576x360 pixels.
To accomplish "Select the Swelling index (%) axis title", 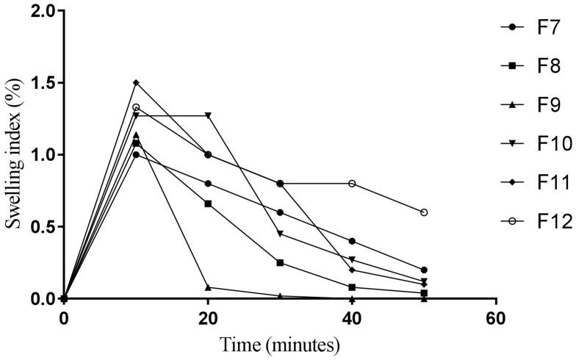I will point(14,155).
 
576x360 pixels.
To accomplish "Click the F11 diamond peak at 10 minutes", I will point(136,82).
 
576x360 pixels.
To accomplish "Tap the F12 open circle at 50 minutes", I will point(424,212).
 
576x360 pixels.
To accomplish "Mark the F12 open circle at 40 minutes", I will point(353,184).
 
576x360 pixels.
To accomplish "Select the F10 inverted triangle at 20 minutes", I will point(208,115).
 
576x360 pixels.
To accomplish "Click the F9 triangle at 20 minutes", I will point(208,287).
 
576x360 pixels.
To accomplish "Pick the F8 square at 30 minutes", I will point(280,263).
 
